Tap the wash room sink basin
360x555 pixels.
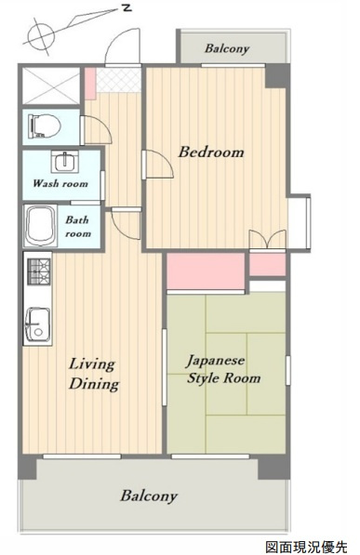[x=65, y=161]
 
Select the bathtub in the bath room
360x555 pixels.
[x=41, y=226]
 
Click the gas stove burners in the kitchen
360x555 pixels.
[x=39, y=271]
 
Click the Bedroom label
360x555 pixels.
[x=211, y=152]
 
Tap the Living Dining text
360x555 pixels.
[x=94, y=375]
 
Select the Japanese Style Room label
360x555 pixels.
[x=223, y=370]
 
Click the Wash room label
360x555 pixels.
[x=60, y=183]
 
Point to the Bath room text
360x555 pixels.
[x=78, y=227]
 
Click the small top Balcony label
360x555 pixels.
[x=227, y=48]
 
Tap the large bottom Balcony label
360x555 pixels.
[x=149, y=496]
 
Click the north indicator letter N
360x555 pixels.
[x=127, y=7]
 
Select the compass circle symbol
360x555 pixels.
[x=42, y=36]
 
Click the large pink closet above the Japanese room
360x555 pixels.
[x=206, y=271]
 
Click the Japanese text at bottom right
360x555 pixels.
[x=306, y=547]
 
